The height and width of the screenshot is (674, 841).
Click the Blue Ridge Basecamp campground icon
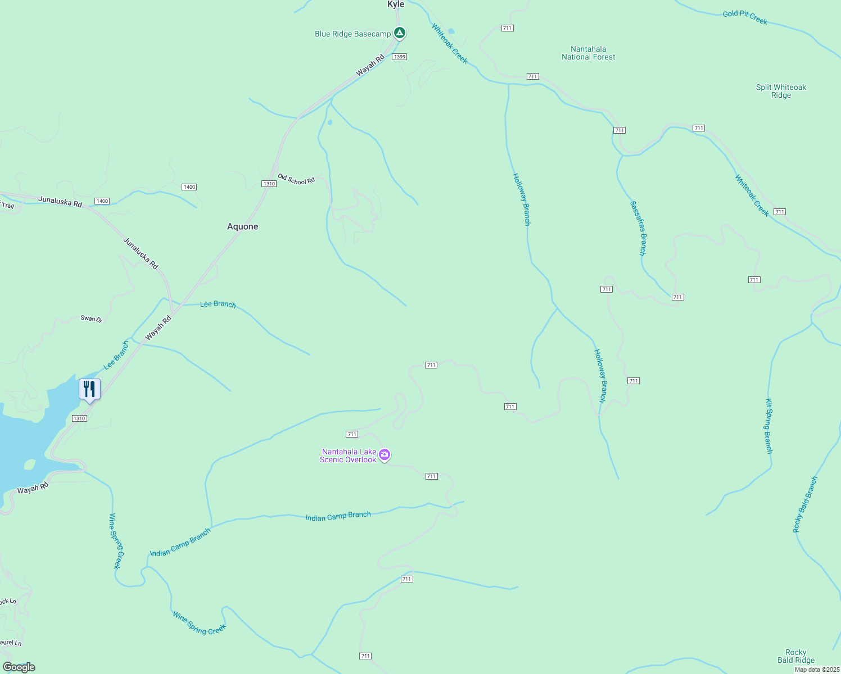coord(399,33)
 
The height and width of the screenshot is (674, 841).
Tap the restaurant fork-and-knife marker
coord(89,389)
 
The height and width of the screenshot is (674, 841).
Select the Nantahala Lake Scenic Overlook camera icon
coord(385,455)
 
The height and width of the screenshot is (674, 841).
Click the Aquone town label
coord(243,226)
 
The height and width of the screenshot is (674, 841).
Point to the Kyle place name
coord(396,4)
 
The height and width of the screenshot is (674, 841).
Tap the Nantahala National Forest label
coord(589,53)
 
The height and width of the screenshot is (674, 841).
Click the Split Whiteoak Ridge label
coord(781,91)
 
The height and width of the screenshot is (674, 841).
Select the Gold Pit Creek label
coord(745,17)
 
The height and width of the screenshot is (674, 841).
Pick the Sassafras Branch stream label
coord(638,228)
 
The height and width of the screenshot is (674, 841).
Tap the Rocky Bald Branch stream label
coord(805,504)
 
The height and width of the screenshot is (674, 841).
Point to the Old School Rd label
coord(296,180)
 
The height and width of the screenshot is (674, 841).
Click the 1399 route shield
coord(399,57)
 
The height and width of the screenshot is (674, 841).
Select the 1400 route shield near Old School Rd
coord(189,187)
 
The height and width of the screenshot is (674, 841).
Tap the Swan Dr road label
coord(92,318)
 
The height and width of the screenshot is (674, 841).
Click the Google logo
coord(19,667)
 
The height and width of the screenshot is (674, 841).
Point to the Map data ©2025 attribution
coord(816,670)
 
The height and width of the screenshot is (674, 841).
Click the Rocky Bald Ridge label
coord(796,656)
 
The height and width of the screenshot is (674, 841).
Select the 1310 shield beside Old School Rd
coord(269,184)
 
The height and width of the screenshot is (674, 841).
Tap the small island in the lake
coord(30,464)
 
